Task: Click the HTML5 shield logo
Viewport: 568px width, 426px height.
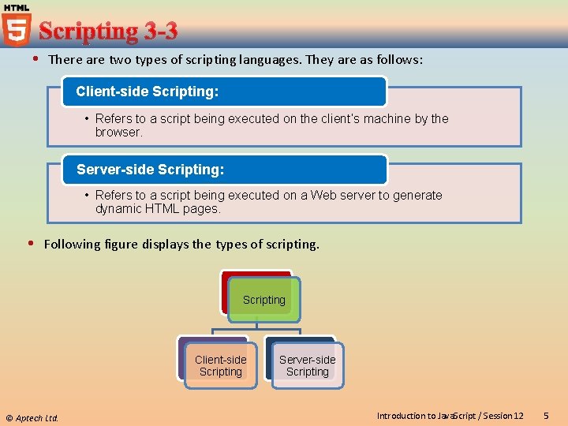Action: coord(16,27)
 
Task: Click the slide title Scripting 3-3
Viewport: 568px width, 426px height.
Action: coord(108,32)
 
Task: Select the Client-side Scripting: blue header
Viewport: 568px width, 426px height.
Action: coord(224,92)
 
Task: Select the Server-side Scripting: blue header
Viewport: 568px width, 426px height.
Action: coord(224,170)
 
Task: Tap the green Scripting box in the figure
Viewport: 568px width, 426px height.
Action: coord(264,300)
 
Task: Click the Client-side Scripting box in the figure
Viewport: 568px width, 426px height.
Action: coord(221,365)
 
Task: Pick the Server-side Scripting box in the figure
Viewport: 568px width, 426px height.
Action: coord(308,365)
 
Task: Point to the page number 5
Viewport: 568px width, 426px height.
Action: coord(547,415)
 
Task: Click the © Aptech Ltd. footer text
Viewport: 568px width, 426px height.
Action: coord(32,417)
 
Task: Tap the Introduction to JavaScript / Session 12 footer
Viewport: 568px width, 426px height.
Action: coord(450,416)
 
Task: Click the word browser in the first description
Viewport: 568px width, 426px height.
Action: coord(118,133)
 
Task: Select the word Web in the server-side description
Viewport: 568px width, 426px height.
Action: coord(323,195)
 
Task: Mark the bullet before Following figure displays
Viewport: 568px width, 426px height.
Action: coord(32,244)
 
